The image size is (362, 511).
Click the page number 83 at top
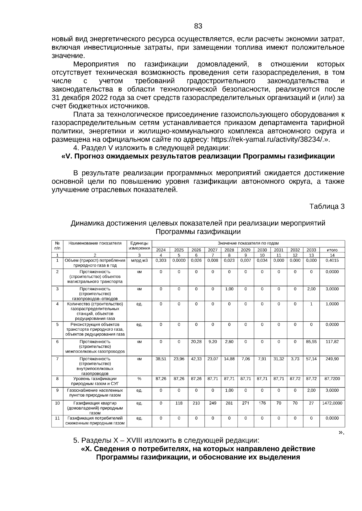[198, 26]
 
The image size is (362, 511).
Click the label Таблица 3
[327, 207]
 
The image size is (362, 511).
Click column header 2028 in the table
[229, 250]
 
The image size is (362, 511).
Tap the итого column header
[332, 250]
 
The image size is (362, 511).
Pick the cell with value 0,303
[161, 260]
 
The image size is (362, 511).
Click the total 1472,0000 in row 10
[332, 403]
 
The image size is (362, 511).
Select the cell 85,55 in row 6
[311, 342]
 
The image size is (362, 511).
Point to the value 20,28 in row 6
[196, 342]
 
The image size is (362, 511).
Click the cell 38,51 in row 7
[161, 359]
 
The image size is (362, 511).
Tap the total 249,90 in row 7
[332, 359]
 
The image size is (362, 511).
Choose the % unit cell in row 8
[139, 379]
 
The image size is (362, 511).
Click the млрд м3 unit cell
[139, 260]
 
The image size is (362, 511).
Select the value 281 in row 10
[229, 403]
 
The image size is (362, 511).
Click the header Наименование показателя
[95, 243]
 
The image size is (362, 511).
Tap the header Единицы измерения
[139, 246]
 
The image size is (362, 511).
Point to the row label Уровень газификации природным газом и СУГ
[95, 381]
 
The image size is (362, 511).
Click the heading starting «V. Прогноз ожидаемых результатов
[198, 156]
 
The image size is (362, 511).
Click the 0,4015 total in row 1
[332, 260]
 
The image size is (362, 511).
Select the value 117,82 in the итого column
[332, 342]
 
